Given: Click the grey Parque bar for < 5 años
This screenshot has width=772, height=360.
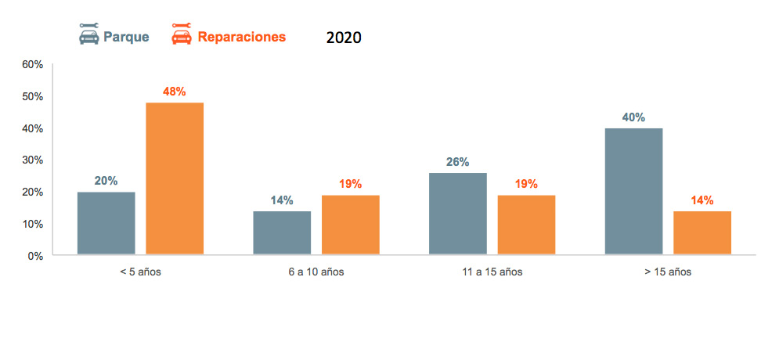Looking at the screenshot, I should point(106,223).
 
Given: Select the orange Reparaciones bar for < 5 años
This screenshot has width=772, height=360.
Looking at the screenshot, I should point(175,178).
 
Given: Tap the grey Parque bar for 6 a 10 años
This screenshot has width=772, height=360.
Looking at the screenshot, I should point(282,232).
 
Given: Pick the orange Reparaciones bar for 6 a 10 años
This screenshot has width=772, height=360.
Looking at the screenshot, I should point(350,225).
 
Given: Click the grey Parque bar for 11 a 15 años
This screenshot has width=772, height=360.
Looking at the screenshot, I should point(457,214).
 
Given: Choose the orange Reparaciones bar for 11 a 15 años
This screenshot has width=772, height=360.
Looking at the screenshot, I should point(526,225).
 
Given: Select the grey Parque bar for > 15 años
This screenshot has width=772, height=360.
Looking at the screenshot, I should point(634,191).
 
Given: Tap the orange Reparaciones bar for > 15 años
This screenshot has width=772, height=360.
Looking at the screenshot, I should point(702,232).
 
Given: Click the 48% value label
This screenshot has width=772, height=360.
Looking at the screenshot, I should point(175,92).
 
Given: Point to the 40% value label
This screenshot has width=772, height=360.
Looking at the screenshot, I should point(634,117).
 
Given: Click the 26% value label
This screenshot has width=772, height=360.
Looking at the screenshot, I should point(457,162).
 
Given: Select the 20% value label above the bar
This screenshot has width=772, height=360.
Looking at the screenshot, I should point(106,181).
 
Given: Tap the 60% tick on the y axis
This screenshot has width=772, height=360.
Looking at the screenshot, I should point(32,64).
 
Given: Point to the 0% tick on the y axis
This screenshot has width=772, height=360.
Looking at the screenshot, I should point(35,256).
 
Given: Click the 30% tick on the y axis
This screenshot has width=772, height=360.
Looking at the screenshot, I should point(32,160).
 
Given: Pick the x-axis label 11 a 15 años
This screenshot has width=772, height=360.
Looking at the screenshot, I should point(492,272).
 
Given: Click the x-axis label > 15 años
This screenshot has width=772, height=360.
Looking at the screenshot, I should point(668,272).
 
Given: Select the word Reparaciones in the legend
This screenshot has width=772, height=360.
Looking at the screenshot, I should point(241,37).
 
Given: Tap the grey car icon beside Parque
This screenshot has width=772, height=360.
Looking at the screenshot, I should point(88,34).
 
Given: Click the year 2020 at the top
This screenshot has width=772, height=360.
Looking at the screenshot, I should point(344,38).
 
